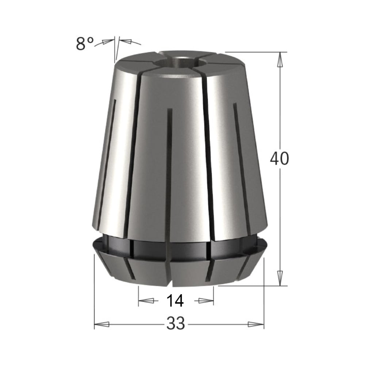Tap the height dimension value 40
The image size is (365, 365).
pos(279,158)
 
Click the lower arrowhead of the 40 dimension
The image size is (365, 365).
pos(280,278)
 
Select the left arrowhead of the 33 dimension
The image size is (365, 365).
pos(102,324)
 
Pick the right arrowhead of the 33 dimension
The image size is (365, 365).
pos(256,324)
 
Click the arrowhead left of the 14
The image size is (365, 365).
pos(146,301)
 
